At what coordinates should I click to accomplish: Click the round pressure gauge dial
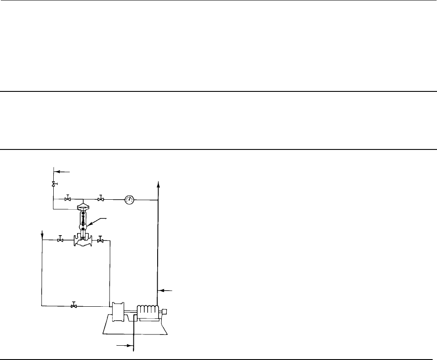tap(129, 200)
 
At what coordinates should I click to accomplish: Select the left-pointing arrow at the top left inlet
tap(59, 172)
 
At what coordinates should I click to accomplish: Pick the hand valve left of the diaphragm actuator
tap(68, 199)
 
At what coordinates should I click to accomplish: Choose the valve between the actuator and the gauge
tap(100, 199)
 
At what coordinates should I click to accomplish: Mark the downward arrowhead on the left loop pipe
tap(42, 237)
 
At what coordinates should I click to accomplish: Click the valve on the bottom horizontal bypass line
tap(74, 306)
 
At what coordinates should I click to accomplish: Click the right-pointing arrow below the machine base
tap(126, 346)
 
